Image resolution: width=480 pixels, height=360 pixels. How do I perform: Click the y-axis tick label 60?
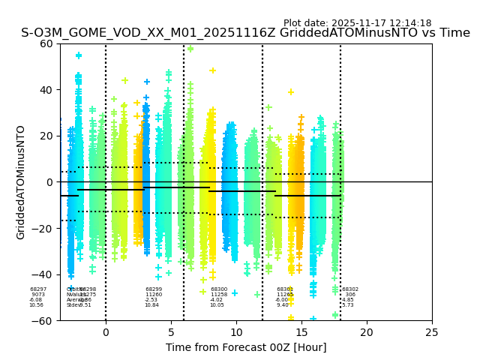pyautogui.click(x=46, y=43)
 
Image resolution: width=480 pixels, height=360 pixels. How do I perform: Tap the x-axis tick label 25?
pyautogui.click(x=432, y=332)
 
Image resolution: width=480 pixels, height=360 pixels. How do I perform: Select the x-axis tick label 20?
pyautogui.click(x=367, y=332)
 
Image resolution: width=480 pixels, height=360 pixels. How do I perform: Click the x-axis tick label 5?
pyautogui.click(x=171, y=332)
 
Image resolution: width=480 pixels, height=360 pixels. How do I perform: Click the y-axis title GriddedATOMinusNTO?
pyautogui.click(x=21, y=182)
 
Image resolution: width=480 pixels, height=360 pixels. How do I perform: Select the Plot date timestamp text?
pyautogui.click(x=357, y=23)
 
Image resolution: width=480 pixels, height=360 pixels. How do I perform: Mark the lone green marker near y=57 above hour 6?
pyautogui.click(x=190, y=49)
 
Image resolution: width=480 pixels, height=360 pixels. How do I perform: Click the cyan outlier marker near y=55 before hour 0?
pyautogui.click(x=79, y=55)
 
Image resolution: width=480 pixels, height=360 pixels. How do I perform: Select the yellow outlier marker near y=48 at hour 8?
pyautogui.click(x=213, y=70)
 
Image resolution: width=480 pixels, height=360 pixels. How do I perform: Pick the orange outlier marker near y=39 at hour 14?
pyautogui.click(x=291, y=92)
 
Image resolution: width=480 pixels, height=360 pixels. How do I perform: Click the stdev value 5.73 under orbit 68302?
pyautogui.click(x=348, y=305)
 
